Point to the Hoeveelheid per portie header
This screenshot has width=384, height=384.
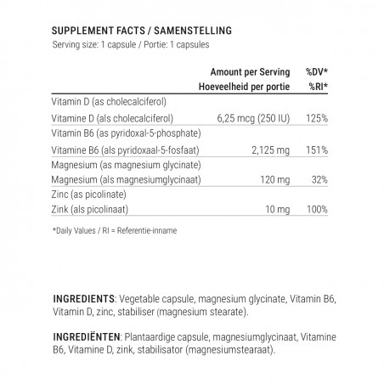pos(245,86)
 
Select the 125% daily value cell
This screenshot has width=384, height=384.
pos(316,117)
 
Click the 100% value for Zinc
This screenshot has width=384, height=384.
pos(316,209)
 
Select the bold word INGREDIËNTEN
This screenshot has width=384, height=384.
pos(87,336)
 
